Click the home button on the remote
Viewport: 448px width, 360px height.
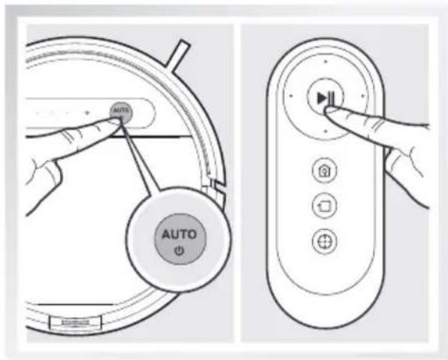(326, 171)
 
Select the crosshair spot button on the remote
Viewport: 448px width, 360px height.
(326, 241)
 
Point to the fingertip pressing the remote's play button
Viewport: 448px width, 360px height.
(328, 110)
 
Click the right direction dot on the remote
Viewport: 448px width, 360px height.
(363, 96)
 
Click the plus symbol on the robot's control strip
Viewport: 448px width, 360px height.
(88, 113)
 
